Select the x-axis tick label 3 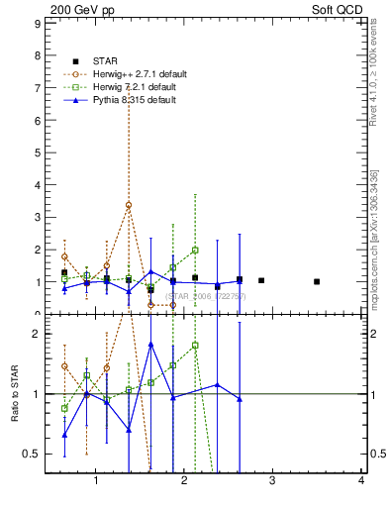[x=273, y=481]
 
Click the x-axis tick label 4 [x=361, y=481]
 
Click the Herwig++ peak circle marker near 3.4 [x=129, y=205]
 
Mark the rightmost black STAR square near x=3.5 [x=317, y=281]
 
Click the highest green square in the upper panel [x=195, y=251]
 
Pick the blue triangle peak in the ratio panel [x=150, y=344]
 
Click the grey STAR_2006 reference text [x=204, y=295]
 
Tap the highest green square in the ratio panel [x=195, y=346]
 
